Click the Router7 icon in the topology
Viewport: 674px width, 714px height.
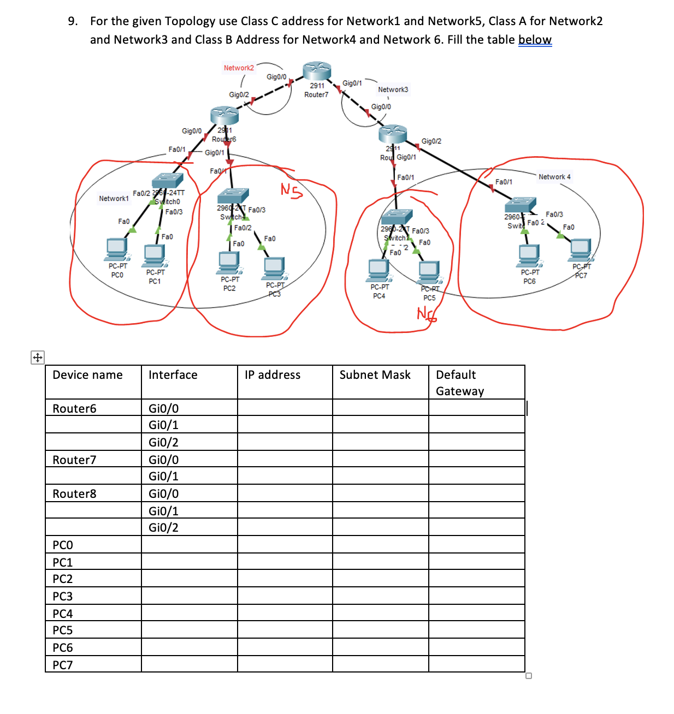pos(317,71)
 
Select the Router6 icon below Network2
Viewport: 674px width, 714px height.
pos(224,116)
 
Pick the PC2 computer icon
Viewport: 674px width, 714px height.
pos(229,262)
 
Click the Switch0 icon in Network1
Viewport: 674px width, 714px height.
pos(168,180)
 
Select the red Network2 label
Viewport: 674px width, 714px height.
pos(239,68)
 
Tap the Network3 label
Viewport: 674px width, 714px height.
pos(393,90)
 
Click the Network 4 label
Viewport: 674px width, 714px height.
pos(554,177)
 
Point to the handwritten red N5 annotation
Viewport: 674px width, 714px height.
pos(291,190)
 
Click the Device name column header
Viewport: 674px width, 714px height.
pos(87,375)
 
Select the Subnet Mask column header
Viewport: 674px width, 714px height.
pos(375,375)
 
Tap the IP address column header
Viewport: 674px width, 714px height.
pos(273,375)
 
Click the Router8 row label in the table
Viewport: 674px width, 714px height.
pos(74,494)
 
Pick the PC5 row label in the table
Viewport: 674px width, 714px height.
pos(63,630)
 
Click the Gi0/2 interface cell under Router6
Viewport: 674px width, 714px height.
pos(163,443)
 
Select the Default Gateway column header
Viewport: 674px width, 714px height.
pos(459,383)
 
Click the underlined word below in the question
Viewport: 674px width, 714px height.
pos(535,40)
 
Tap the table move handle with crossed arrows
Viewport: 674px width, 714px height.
pos(38,358)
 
